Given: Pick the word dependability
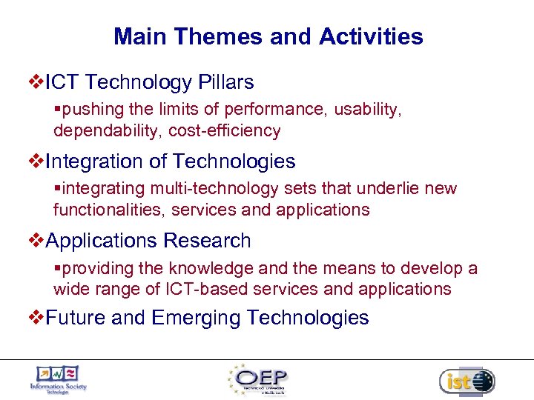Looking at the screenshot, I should [108, 132].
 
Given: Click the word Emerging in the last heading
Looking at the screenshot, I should [196, 319].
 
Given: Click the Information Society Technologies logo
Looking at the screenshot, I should [58, 380].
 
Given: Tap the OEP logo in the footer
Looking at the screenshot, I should [260, 380].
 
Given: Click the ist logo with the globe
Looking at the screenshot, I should [467, 381].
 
